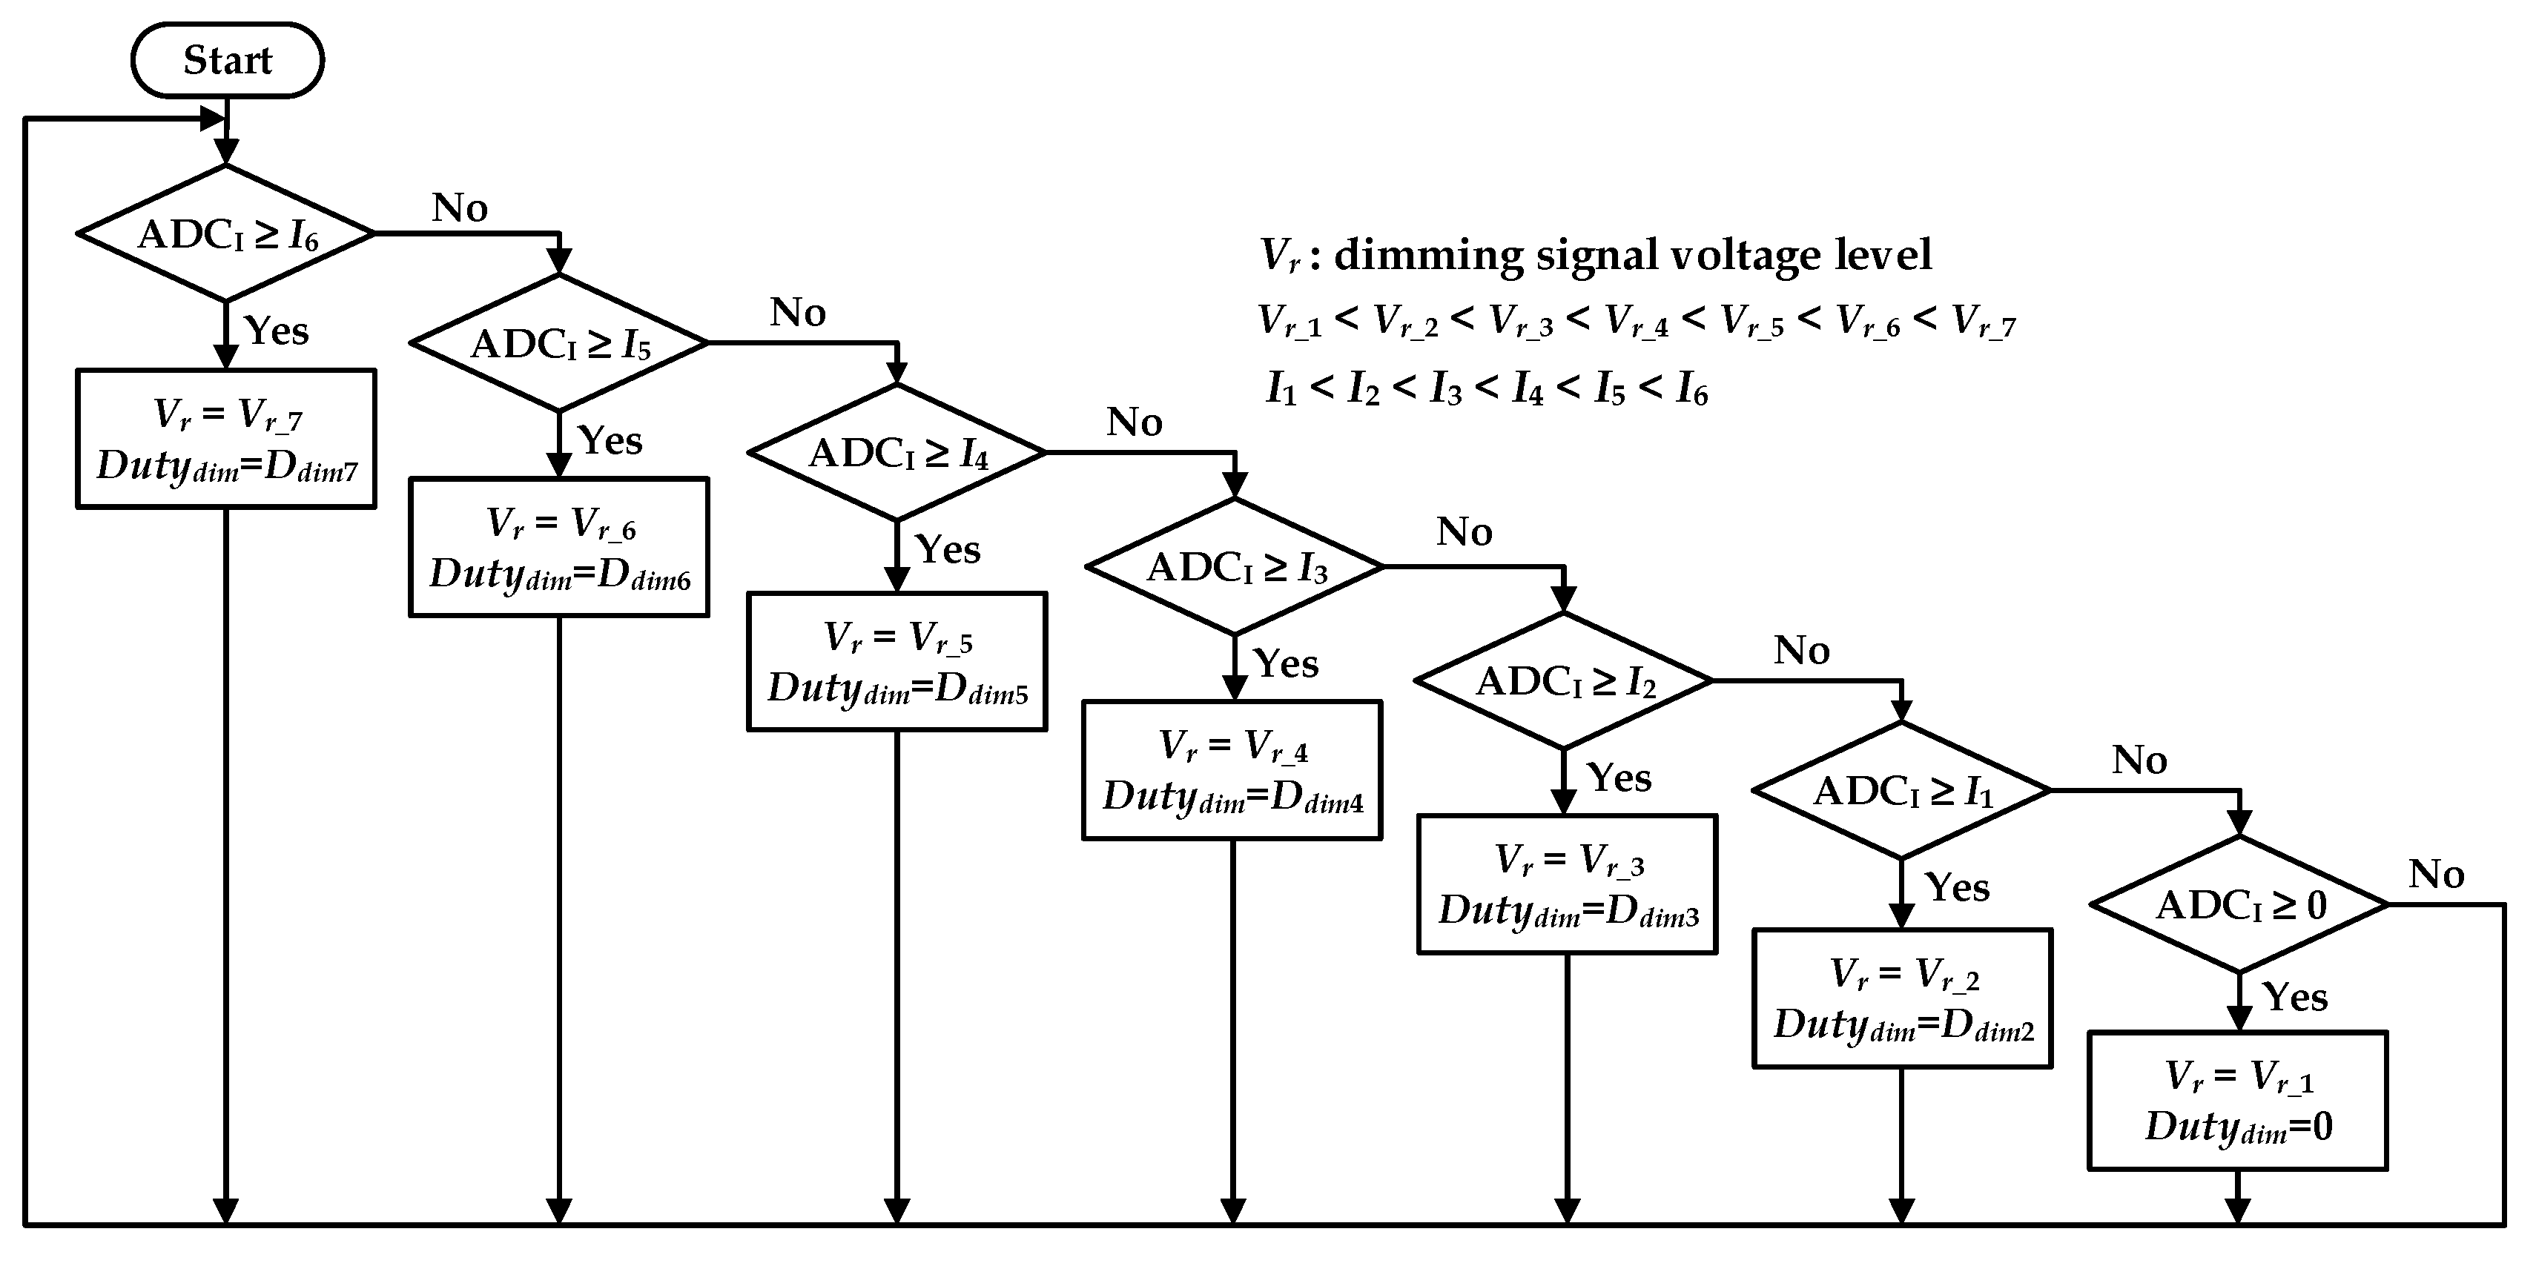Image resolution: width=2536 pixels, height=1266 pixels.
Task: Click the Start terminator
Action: pyautogui.click(x=228, y=60)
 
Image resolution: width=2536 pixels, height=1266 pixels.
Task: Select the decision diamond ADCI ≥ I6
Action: pyautogui.click(x=226, y=233)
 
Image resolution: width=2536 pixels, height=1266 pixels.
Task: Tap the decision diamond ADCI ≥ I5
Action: pyautogui.click(x=559, y=342)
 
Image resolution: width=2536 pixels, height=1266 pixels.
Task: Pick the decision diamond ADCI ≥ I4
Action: pyautogui.click(x=896, y=453)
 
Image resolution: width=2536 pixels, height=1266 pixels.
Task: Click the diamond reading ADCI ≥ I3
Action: pyautogui.click(x=1235, y=567)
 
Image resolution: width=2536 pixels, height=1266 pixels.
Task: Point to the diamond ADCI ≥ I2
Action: pyautogui.click(x=1563, y=681)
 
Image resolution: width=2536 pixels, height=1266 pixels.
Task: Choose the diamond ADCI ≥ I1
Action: pyautogui.click(x=1902, y=791)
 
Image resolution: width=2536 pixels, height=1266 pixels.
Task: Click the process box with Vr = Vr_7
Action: pyautogui.click(x=226, y=439)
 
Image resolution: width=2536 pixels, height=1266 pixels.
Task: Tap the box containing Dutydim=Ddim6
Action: pyautogui.click(x=559, y=547)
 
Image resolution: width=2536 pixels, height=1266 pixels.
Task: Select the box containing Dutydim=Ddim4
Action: pyautogui.click(x=1232, y=770)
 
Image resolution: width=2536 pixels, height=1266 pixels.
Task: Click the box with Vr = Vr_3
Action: pyautogui.click(x=1568, y=884)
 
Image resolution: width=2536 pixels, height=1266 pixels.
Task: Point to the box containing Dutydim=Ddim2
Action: pyautogui.click(x=1903, y=998)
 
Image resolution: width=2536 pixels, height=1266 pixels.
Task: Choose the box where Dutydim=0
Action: pyautogui.click(x=2238, y=1101)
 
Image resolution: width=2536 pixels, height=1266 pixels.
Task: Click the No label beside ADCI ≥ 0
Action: pyautogui.click(x=2437, y=874)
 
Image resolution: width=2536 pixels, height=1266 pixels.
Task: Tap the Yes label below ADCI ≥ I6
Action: pyautogui.click(x=277, y=331)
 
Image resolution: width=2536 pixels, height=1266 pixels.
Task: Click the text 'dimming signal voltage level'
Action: pyautogui.click(x=1632, y=255)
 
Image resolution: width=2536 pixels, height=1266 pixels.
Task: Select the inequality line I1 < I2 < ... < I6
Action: pyautogui.click(x=1487, y=390)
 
